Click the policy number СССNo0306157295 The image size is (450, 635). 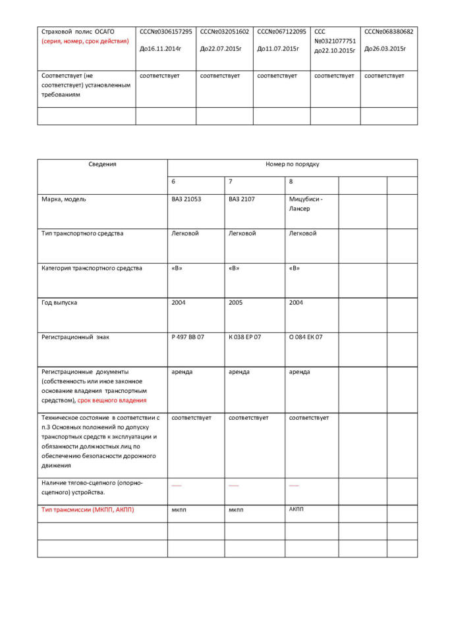click(165, 32)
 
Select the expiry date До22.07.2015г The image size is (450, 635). click(221, 49)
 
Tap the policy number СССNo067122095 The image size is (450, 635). click(281, 32)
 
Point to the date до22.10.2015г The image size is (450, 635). click(335, 51)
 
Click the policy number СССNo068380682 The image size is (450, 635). click(389, 32)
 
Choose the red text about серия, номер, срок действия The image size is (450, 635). click(85, 41)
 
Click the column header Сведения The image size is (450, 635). click(102, 165)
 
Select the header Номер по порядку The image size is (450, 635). click(292, 165)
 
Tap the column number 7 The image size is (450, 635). click(231, 182)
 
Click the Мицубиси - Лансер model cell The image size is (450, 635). click(306, 203)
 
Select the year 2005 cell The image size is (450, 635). click(237, 302)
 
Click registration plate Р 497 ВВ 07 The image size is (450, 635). click(188, 337)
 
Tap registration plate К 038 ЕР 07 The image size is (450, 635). click(245, 337)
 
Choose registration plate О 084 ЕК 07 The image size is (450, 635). click(306, 337)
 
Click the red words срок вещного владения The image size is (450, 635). click(112, 400)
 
